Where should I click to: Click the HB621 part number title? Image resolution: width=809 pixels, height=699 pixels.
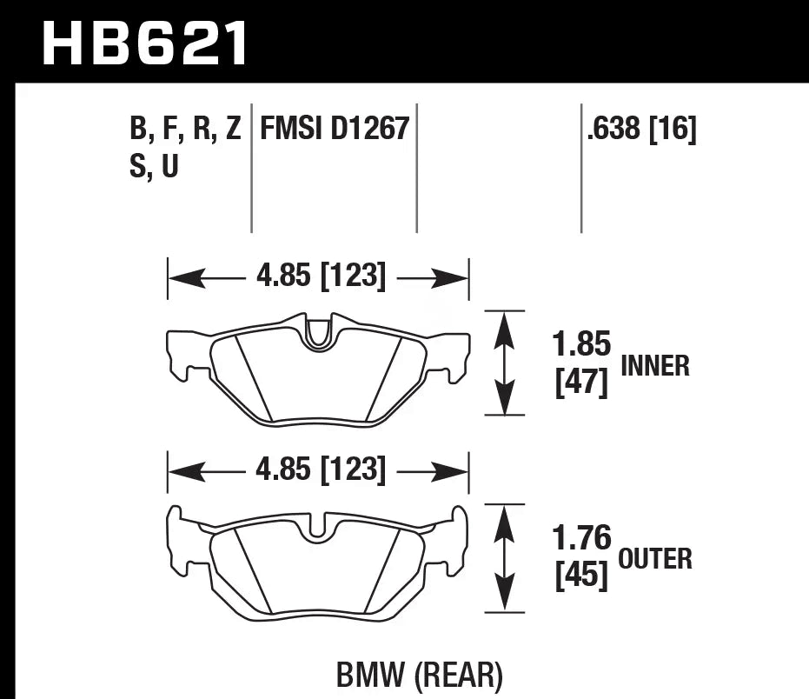pyautogui.click(x=145, y=44)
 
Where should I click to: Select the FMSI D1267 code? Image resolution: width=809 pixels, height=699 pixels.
pyautogui.click(x=335, y=130)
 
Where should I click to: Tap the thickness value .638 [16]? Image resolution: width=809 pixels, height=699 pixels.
pyautogui.click(x=642, y=130)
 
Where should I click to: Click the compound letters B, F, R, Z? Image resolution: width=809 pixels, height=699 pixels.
pyautogui.click(x=185, y=130)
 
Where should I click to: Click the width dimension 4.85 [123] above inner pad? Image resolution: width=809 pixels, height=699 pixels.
pyautogui.click(x=321, y=277)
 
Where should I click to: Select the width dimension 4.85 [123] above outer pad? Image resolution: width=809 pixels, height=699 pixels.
pyautogui.click(x=321, y=470)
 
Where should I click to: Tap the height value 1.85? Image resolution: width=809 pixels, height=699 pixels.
pyautogui.click(x=581, y=345)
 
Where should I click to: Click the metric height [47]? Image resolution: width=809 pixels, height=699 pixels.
pyautogui.click(x=581, y=382)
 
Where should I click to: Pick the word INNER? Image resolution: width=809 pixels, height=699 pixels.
pyautogui.click(x=655, y=366)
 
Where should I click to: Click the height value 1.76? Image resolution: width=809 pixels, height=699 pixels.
pyautogui.click(x=581, y=539)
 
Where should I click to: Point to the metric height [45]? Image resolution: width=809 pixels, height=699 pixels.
pyautogui.click(x=581, y=576)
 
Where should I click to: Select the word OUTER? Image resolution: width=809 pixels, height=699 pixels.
pyautogui.click(x=655, y=558)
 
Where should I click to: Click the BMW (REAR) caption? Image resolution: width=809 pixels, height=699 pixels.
pyautogui.click(x=419, y=674)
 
